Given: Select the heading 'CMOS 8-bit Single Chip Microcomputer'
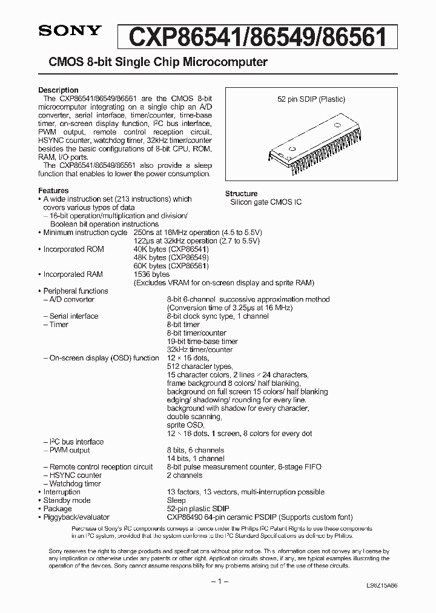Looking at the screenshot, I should [x=153, y=62].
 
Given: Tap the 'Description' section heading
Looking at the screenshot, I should [x=58, y=90].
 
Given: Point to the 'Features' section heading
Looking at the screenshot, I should [x=54, y=190].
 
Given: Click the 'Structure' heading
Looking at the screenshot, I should [x=242, y=194].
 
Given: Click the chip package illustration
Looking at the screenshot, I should [x=311, y=140].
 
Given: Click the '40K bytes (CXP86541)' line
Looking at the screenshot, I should [x=171, y=249].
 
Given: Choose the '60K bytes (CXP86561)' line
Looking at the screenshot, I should [x=171, y=266].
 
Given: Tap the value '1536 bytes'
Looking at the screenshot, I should [x=151, y=274].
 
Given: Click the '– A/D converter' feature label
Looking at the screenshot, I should [x=68, y=299].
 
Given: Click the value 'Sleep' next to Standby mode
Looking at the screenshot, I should [x=176, y=500].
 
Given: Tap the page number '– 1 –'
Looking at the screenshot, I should [x=218, y=582].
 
